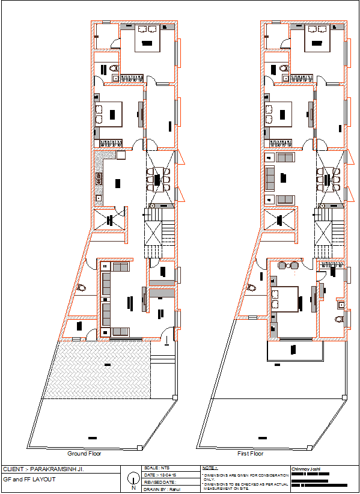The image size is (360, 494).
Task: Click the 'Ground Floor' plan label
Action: pyautogui.click(x=84, y=454)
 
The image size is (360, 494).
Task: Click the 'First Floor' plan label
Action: pyautogui.click(x=251, y=454)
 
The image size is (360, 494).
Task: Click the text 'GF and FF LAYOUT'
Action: pyautogui.click(x=29, y=479)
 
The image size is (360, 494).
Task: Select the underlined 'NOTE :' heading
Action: pyautogui.click(x=210, y=468)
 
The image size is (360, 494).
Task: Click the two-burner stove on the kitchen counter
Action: pyautogui.click(x=98, y=178)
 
